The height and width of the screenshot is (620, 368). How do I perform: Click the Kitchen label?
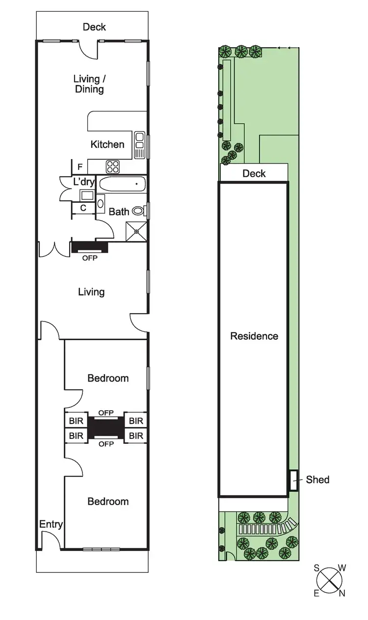tap(107, 144)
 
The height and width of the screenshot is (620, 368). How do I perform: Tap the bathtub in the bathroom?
tap(123, 185)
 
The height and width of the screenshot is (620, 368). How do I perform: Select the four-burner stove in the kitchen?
tap(113, 166)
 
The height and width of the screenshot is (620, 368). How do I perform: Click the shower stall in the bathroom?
tap(136, 231)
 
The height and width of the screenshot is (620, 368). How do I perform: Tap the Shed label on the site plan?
tap(317, 479)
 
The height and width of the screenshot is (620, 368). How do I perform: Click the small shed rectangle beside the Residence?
tap(293, 480)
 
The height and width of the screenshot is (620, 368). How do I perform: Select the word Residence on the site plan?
tap(254, 336)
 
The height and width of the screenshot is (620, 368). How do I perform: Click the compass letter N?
tap(342, 593)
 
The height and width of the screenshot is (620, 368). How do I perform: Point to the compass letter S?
tap(317, 568)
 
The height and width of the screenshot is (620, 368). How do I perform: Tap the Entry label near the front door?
tap(51, 524)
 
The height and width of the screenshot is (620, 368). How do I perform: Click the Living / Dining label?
tap(89, 84)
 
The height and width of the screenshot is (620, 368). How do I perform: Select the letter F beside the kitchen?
tap(79, 166)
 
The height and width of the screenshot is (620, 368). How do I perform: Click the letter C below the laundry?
tap(83, 208)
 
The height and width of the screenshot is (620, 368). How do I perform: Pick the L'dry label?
tap(83, 182)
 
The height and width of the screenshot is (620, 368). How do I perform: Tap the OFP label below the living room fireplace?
tap(90, 257)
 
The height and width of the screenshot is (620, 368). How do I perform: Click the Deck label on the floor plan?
tap(94, 27)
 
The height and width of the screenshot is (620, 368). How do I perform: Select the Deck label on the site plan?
tap(254, 173)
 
